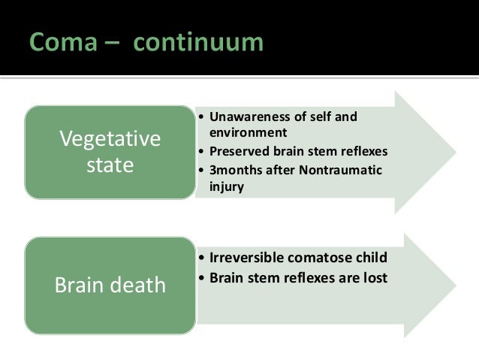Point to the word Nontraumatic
tap(343, 168)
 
